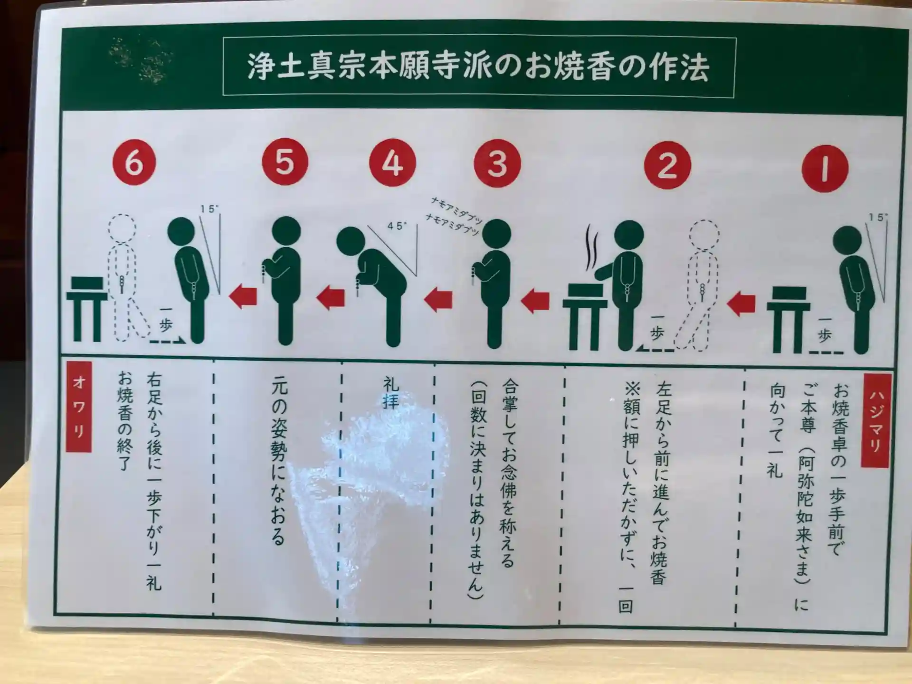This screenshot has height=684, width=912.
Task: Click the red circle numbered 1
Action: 825,168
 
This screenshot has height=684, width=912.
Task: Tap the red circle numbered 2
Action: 667,165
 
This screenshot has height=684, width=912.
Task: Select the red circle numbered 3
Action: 497,163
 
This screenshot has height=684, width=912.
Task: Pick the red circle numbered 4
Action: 392,163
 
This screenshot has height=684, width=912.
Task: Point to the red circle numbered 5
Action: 285,161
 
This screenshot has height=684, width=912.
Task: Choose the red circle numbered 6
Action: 134,162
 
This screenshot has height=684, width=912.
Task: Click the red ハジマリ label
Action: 875,420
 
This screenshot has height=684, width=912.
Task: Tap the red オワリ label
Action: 79,407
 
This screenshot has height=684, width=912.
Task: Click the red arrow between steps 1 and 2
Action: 741,304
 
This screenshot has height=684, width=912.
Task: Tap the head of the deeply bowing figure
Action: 351,241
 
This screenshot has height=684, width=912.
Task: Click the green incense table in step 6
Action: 87,309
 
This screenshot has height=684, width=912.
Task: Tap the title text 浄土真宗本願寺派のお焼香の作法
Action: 478,67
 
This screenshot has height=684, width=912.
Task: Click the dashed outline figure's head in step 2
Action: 704,235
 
